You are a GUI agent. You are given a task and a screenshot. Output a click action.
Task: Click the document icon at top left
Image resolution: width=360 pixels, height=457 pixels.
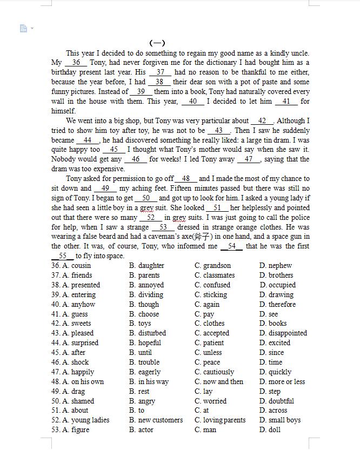click(x=23, y=28)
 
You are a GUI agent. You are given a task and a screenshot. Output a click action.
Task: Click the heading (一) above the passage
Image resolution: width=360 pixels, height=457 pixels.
click(x=157, y=43)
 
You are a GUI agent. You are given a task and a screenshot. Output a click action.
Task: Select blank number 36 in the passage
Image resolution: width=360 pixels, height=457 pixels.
click(x=76, y=63)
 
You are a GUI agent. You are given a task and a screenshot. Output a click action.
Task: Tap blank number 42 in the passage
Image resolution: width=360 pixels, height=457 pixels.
click(x=262, y=121)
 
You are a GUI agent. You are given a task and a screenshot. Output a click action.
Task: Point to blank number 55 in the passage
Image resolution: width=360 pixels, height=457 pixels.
click(x=63, y=256)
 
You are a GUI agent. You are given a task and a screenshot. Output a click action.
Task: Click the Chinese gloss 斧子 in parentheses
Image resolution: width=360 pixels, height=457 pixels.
click(x=202, y=237)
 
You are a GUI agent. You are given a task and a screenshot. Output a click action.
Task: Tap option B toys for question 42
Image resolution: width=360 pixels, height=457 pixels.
click(x=140, y=324)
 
